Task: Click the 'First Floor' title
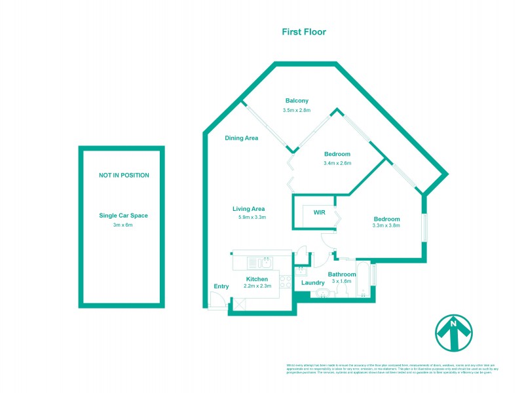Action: [x=303, y=31]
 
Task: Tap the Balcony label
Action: [x=297, y=100]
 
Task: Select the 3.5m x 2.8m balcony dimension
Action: [x=297, y=110]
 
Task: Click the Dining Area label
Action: [x=241, y=138]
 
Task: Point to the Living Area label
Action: [x=248, y=209]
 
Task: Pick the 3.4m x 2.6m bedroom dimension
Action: [x=337, y=163]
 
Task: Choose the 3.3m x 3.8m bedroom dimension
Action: [x=386, y=225]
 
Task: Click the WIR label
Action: [x=319, y=213]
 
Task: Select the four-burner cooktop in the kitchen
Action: [x=286, y=282]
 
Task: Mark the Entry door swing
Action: [x=216, y=300]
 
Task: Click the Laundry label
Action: [x=313, y=283]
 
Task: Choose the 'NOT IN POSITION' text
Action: [x=124, y=175]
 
